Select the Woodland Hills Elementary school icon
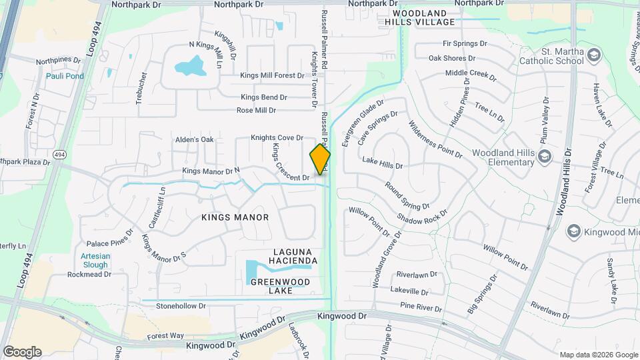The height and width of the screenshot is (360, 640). (x=545, y=155)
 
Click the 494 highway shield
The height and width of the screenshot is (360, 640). (x=59, y=155)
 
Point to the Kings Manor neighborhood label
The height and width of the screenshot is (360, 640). (x=235, y=217)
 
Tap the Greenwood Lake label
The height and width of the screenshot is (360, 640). (x=281, y=286)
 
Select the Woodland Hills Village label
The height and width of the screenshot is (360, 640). (x=423, y=17)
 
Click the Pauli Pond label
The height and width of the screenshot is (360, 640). (x=65, y=76)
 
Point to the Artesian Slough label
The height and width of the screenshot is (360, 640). (x=95, y=260)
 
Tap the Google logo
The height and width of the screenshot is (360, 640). (x=22, y=351)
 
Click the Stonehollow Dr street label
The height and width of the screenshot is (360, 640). (x=181, y=306)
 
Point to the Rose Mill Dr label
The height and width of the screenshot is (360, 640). (x=256, y=110)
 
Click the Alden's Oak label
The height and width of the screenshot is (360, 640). (x=194, y=139)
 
